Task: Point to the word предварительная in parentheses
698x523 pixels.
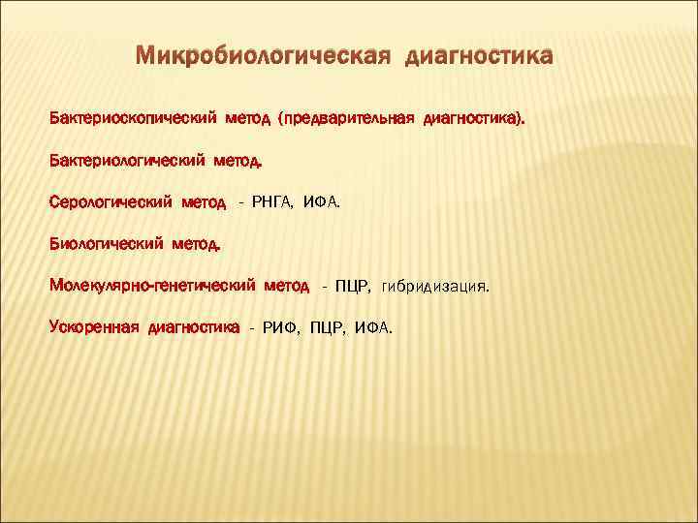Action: (348, 118)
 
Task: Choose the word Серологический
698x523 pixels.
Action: (108, 201)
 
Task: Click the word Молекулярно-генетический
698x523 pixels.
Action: (152, 286)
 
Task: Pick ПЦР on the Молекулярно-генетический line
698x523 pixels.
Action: (352, 286)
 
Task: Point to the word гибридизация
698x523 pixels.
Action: (435, 287)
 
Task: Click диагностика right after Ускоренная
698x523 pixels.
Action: (194, 327)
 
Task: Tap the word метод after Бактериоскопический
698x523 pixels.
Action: (249, 118)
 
